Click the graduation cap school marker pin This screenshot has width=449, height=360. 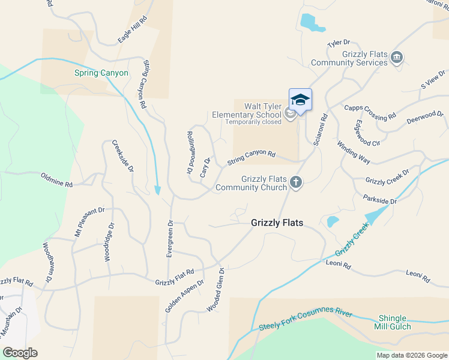pos(300,100)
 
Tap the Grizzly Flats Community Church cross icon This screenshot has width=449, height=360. pos(295,181)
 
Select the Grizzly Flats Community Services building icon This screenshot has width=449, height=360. pos(396,58)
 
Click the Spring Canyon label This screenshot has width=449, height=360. pos(101,73)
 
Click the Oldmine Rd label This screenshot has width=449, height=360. pos(56,181)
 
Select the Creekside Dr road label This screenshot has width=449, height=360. pos(122,157)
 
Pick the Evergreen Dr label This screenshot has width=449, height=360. pos(170,239)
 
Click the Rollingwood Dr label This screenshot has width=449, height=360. pos(190,153)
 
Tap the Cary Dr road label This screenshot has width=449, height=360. pos(206,166)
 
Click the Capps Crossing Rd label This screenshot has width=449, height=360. pos(370,112)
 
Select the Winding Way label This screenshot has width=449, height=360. pos(353,152)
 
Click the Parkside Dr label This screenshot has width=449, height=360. pos(380,200)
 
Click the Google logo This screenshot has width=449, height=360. pos(19,353)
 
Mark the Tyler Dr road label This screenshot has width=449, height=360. pos(338,44)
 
